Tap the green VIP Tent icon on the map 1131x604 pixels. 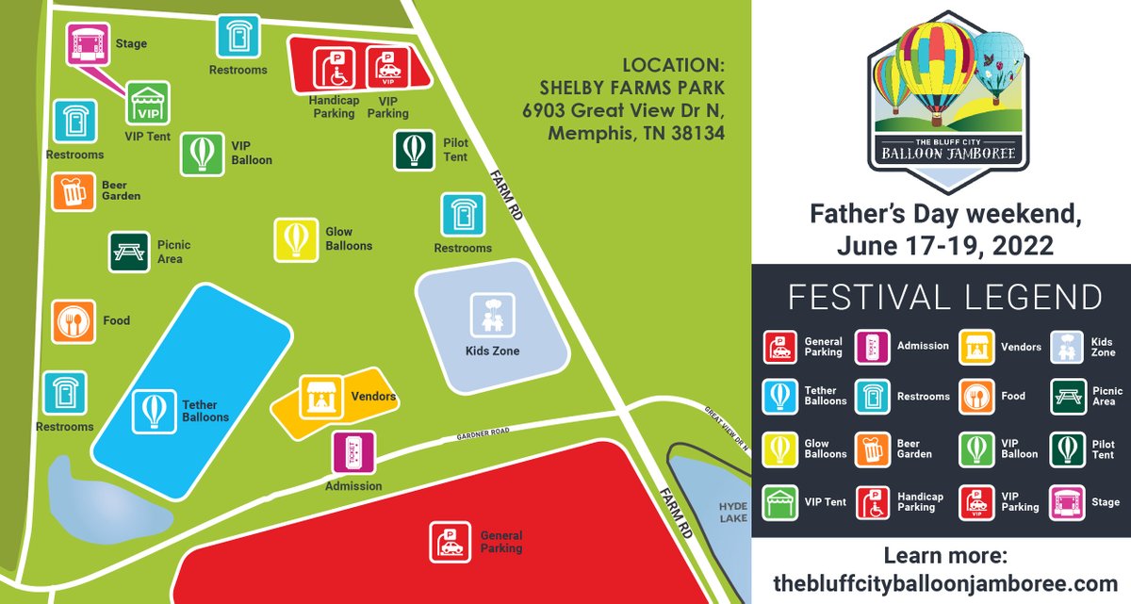coord(148,102)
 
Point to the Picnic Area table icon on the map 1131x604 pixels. coord(129,252)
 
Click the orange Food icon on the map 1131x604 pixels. coord(73,321)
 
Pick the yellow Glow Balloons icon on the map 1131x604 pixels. coord(296,239)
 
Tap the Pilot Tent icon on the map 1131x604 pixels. coord(414,151)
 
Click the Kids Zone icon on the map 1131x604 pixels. coord(493,315)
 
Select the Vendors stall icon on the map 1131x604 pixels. coord(320,398)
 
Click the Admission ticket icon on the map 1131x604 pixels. coord(353,453)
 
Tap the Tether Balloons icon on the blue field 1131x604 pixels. coord(153,411)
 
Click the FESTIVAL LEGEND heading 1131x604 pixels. coord(944,296)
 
